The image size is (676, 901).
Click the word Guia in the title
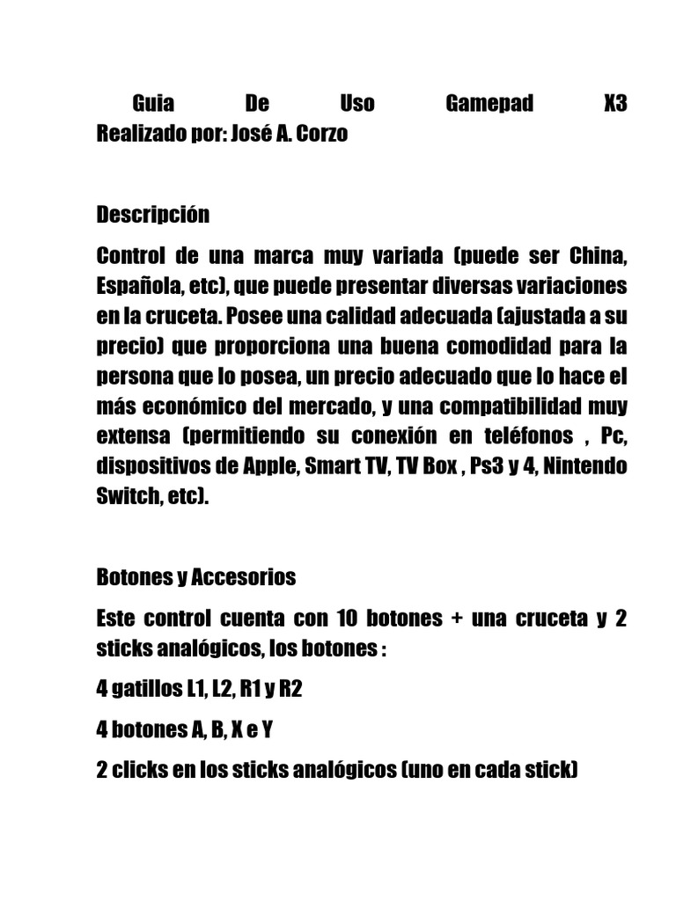[153, 104]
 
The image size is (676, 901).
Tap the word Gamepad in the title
[489, 104]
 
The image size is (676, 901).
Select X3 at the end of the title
[615, 104]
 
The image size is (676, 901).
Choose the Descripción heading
[153, 215]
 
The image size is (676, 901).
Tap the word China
[597, 256]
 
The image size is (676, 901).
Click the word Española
[136, 286]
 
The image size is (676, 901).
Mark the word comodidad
[500, 346]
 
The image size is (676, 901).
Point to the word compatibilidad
[525, 407]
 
